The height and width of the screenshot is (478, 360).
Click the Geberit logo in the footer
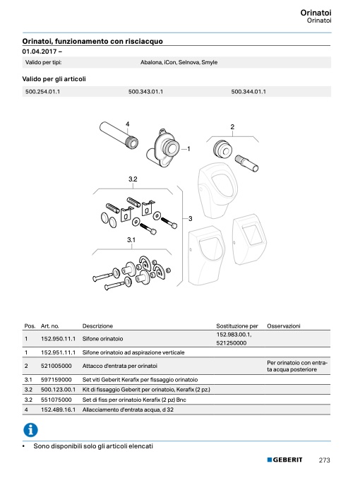(x=284, y=460)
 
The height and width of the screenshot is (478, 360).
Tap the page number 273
(x=324, y=460)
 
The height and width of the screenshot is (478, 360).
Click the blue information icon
(x=30, y=430)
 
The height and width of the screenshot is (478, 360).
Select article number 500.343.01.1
(x=145, y=92)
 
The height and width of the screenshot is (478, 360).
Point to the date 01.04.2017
(x=40, y=52)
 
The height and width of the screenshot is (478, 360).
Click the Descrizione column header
(x=97, y=326)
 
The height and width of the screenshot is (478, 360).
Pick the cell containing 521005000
(x=56, y=366)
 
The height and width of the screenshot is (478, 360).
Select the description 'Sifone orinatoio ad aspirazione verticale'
(x=133, y=352)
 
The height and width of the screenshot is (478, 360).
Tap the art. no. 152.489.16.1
(x=58, y=410)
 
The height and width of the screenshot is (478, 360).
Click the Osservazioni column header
(x=284, y=326)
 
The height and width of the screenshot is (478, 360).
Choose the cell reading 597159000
(x=56, y=380)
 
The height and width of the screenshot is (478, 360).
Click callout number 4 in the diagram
(x=128, y=124)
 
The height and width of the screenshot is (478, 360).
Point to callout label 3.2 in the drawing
(x=133, y=179)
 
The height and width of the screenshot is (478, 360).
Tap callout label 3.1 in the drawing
(x=131, y=240)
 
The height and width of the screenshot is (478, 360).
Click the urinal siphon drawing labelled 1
(x=162, y=150)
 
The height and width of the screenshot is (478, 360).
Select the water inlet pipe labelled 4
(x=119, y=136)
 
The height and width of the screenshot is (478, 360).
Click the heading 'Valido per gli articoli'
(x=54, y=79)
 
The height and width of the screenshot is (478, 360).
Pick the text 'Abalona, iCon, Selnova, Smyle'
(x=179, y=62)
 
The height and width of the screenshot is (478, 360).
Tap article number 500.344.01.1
(x=248, y=92)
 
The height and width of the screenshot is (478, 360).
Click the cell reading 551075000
(x=56, y=400)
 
